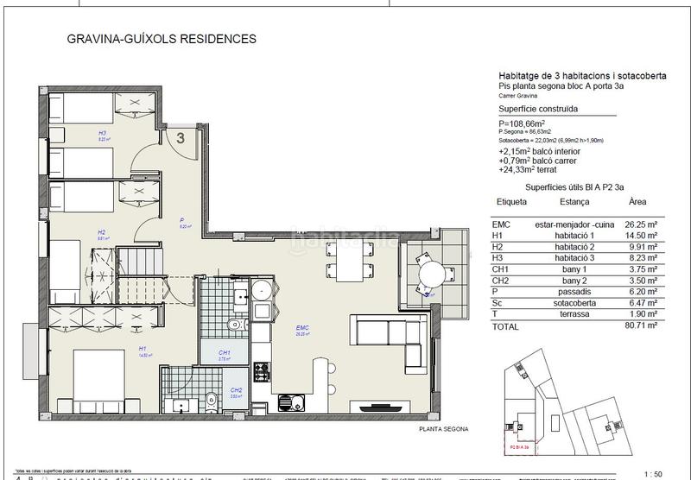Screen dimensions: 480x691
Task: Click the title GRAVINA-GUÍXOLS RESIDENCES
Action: coord(162,39)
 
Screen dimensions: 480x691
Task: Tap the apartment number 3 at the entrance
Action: coord(181,136)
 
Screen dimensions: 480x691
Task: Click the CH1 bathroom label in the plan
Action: coord(224,352)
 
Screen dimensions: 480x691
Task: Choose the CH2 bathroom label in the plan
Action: coord(236,389)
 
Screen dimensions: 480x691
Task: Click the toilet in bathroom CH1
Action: coord(231,325)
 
